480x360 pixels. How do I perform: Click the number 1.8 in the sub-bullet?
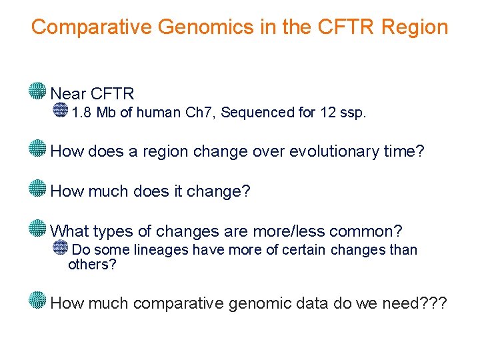(82, 113)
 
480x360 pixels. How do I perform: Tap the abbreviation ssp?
(353, 113)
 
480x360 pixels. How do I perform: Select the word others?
(92, 265)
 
